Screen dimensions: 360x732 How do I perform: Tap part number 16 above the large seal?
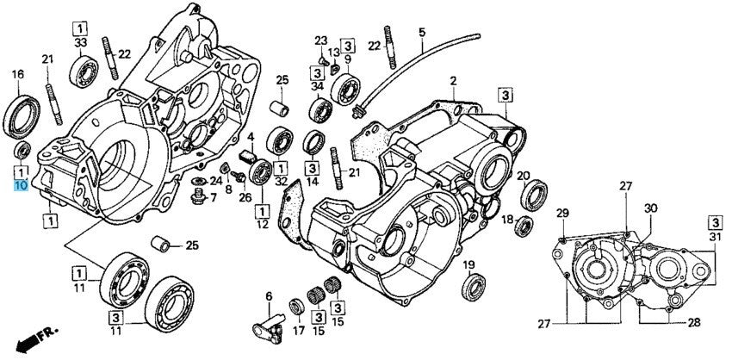16,75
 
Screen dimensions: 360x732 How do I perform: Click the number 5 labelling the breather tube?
422,33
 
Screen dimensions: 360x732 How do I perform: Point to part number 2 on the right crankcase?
452,81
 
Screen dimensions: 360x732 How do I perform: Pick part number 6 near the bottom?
268,296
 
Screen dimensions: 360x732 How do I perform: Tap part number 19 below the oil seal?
469,264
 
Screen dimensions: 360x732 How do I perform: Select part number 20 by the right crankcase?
523,177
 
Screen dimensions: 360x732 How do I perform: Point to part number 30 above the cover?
650,208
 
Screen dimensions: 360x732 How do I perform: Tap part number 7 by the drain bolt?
213,198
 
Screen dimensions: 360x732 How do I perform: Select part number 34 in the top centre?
317,85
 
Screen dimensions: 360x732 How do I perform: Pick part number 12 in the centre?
262,224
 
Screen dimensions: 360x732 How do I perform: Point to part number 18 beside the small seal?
507,219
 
